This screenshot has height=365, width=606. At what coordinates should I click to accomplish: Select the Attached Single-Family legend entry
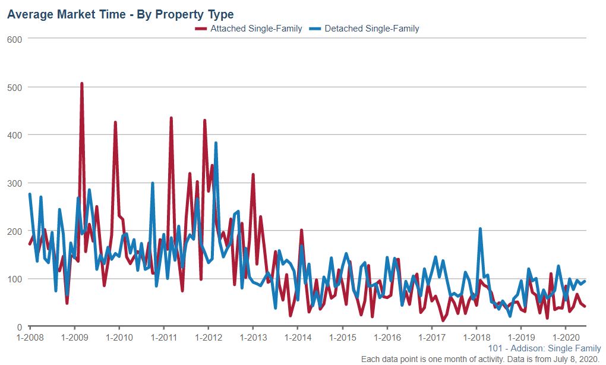click(x=256, y=29)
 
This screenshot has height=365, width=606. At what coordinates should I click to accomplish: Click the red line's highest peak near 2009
click(x=81, y=84)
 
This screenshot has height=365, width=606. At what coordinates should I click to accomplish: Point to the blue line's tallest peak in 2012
click(x=216, y=143)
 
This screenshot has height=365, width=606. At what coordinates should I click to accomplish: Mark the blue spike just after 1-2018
click(x=480, y=229)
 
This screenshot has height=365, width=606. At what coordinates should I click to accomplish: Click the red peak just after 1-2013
click(x=253, y=175)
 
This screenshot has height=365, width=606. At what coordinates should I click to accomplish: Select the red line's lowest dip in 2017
click(x=443, y=320)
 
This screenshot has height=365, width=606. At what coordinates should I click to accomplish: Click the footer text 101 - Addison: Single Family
click(x=544, y=348)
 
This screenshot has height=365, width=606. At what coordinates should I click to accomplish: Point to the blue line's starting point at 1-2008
click(x=30, y=194)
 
